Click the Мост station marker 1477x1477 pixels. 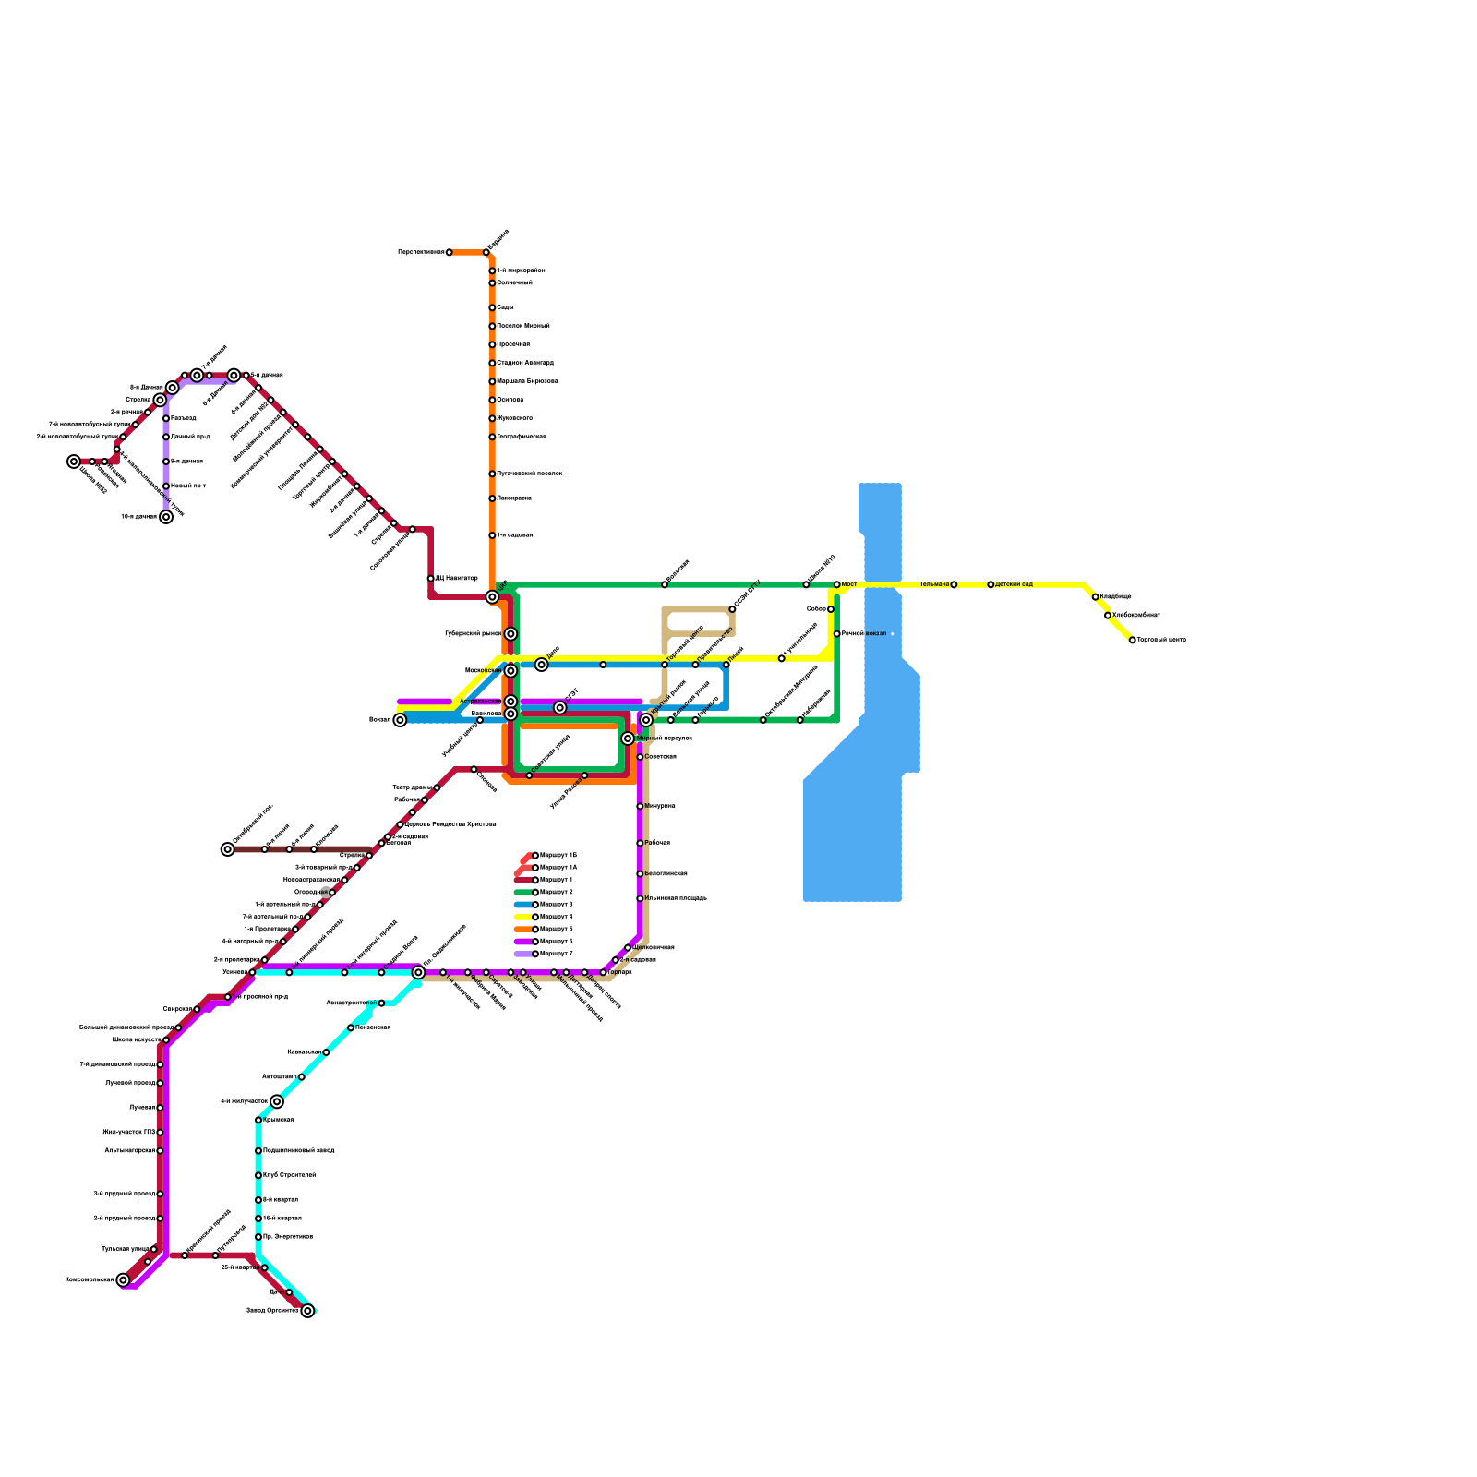pos(837,584)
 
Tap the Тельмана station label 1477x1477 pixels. pos(933,584)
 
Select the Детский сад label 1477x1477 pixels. pos(1014,584)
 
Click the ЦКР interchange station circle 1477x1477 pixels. pos(492,597)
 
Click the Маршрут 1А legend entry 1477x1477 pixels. pos(558,868)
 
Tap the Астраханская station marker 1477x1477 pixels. pos(510,702)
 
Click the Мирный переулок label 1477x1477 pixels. pos(664,738)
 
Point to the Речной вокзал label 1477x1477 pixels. pos(864,634)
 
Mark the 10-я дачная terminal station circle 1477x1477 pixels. pos(166,517)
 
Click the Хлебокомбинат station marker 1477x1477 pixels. pos(1108,616)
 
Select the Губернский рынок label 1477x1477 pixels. pos(473,634)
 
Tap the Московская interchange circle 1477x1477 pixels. pos(510,670)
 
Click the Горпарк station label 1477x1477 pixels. pos(620,972)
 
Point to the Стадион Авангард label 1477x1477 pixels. pos(525,363)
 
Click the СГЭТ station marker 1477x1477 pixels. pos(560,708)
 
